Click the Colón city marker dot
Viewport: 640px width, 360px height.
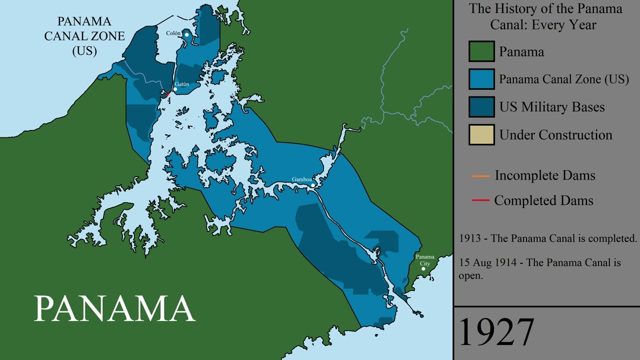[x=186, y=34]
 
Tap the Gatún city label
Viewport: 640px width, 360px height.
[x=182, y=84]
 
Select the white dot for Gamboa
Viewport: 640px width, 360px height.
[x=313, y=185]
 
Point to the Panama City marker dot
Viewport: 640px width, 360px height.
[x=423, y=269]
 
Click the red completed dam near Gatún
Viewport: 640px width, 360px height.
[x=167, y=94]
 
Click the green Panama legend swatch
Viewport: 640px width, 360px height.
[x=481, y=51]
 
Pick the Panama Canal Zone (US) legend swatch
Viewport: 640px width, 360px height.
[x=481, y=79]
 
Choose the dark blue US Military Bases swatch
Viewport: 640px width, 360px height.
[x=481, y=107]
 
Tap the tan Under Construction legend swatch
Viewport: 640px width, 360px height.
[x=481, y=134]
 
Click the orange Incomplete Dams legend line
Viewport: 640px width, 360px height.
[x=480, y=176]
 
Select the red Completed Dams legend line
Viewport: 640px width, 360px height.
[x=480, y=200]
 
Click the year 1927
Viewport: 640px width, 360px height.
[x=496, y=332]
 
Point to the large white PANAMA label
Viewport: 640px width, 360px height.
[x=114, y=308]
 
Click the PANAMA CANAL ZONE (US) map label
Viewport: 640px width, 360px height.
[x=84, y=36]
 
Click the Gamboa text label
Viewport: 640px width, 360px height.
[x=302, y=179]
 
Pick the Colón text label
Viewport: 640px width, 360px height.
[x=173, y=33]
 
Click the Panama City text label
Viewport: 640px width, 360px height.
[x=425, y=260]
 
